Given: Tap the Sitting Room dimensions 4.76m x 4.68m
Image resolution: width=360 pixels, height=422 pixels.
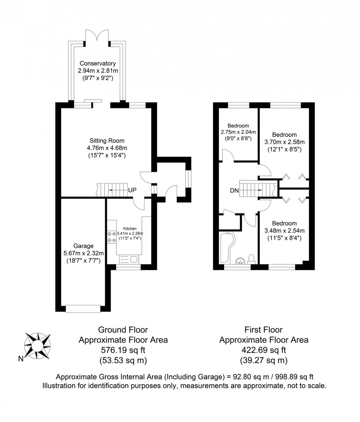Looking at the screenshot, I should click(x=107, y=148).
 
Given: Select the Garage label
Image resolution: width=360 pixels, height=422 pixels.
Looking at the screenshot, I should click(x=83, y=246).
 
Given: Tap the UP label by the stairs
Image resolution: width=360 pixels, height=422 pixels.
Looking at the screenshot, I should click(x=132, y=190).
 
